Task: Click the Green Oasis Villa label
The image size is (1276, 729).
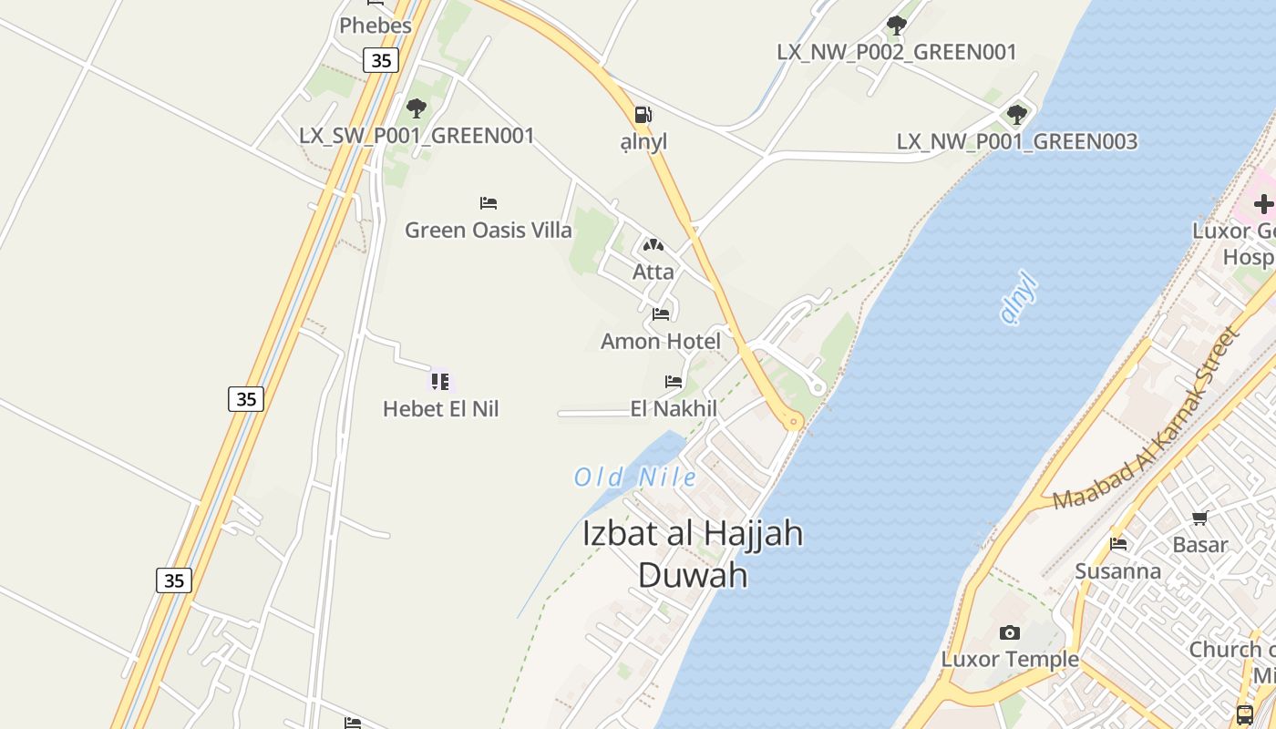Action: (x=489, y=230)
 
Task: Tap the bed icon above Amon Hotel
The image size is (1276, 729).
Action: (x=661, y=314)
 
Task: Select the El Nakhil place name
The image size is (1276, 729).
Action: (x=674, y=409)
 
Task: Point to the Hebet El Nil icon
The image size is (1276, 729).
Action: (x=440, y=381)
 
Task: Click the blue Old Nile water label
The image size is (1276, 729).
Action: (x=635, y=477)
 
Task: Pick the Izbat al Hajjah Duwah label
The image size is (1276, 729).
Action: (x=693, y=553)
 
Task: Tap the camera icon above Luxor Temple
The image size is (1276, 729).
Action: (x=1009, y=632)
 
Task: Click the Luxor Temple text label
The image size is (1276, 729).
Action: (x=1010, y=659)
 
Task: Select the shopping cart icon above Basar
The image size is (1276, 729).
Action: (x=1200, y=519)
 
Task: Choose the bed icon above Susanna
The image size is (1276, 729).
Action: (x=1118, y=544)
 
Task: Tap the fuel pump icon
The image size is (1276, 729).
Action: (x=643, y=115)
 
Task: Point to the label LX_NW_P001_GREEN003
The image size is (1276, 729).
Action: (x=1017, y=142)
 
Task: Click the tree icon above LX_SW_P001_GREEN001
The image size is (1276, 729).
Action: (x=417, y=108)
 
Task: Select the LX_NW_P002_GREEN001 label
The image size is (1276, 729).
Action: (x=896, y=53)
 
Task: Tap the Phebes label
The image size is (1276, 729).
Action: (x=376, y=26)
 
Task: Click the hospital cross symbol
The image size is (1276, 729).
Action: (x=1263, y=204)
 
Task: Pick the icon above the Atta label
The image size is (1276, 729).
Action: (x=653, y=245)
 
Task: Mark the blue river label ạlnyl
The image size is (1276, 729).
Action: (x=1019, y=298)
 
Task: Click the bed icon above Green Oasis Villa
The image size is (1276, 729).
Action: (x=489, y=202)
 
